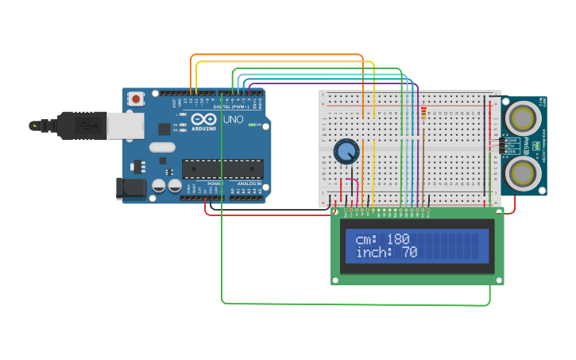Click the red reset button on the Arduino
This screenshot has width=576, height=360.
point(137,99)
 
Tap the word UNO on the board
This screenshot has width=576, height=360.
point(233,120)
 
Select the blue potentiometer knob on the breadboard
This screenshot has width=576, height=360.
point(346,151)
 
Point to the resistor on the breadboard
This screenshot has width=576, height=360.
point(423,116)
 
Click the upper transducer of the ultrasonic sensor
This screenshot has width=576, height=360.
point(523,118)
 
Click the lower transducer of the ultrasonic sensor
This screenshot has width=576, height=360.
point(523,171)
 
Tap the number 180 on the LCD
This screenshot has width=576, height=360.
point(398,239)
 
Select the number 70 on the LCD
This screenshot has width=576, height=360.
point(409,253)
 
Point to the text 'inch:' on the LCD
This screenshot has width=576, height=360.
point(374,253)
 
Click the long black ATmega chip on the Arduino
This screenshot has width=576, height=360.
point(222,168)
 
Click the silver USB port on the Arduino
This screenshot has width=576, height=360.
point(125,126)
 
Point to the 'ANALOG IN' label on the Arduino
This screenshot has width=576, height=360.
point(246,184)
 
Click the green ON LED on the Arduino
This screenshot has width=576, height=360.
point(252,125)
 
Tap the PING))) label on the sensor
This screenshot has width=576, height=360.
point(536,145)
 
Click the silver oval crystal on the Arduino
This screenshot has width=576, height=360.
point(161,146)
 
